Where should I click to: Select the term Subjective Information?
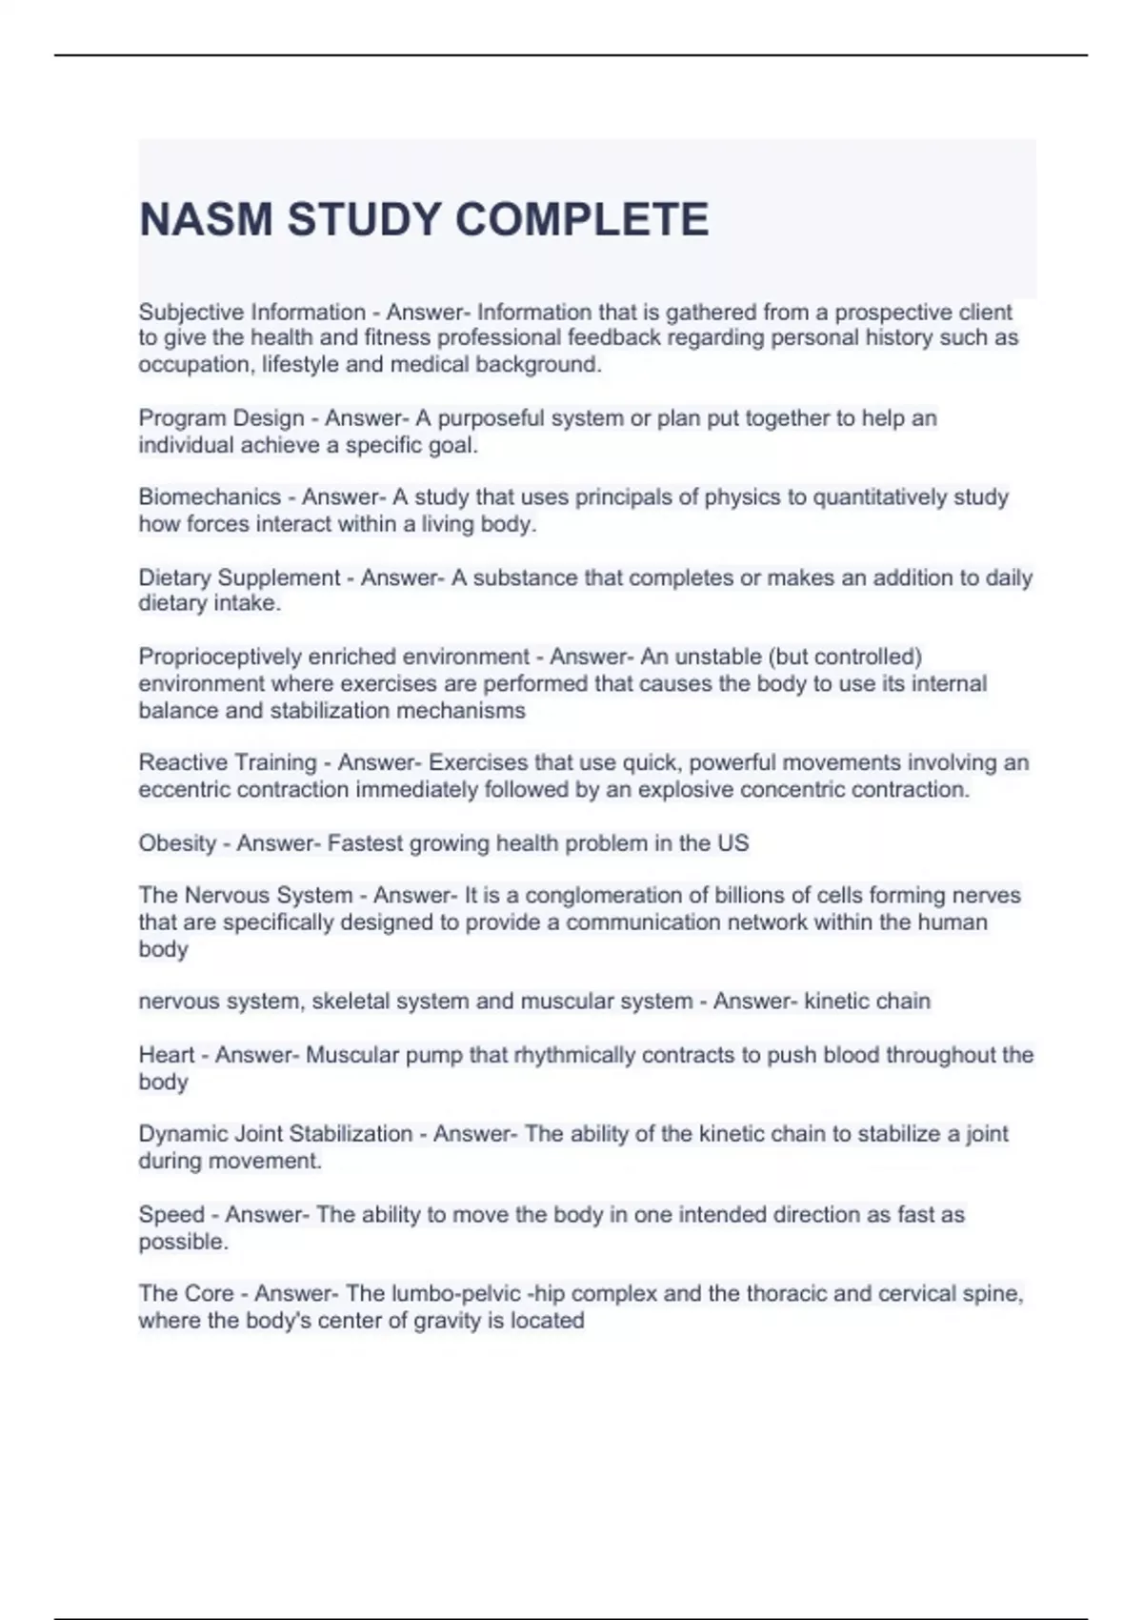(252, 313)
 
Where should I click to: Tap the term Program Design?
(221, 418)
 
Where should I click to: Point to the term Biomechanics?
(210, 497)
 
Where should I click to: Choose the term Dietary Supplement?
(239, 577)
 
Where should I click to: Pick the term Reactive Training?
(228, 762)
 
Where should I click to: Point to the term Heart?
(167, 1055)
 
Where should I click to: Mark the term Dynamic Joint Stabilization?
(275, 1134)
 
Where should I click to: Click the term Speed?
(171, 1215)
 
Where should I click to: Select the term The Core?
(186, 1294)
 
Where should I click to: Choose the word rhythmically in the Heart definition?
(574, 1055)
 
